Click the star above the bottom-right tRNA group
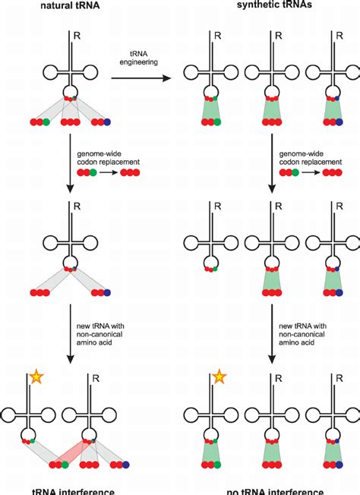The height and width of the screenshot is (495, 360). click(219, 376)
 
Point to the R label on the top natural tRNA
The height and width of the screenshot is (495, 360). click(79, 35)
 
